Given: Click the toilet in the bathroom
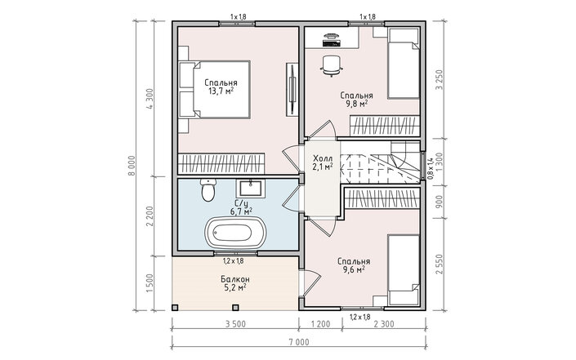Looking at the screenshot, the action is [208, 190].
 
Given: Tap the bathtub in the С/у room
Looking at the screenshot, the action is [235, 233].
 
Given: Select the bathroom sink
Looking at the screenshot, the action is [252, 189].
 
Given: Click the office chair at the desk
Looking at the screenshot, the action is [332, 65].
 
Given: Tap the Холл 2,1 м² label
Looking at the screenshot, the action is [323, 162].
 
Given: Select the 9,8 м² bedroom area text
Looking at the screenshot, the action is [357, 104].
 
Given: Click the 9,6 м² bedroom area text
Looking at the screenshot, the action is [354, 270].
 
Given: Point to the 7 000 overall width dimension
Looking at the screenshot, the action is [299, 342].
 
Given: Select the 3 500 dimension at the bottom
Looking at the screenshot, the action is [235, 324].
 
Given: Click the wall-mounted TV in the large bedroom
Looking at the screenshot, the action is [292, 89].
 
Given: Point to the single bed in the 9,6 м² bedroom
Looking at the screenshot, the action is [404, 270].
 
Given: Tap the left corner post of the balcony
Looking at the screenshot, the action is [175, 307].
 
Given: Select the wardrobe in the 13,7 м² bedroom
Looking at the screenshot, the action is [221, 163].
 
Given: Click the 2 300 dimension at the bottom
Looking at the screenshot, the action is [384, 324].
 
